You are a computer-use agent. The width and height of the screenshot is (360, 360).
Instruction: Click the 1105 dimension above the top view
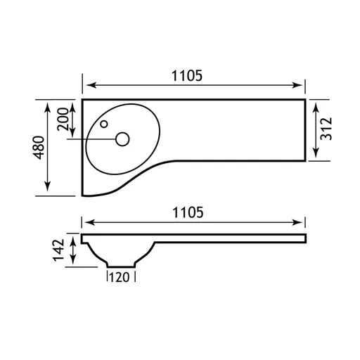point(187,76)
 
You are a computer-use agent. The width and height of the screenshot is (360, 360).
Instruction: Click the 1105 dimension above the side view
point(188,212)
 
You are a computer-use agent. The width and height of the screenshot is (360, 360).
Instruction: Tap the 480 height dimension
point(39,148)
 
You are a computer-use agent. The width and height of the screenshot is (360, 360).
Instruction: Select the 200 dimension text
point(63,119)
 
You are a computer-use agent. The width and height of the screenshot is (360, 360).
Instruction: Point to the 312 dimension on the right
point(326,129)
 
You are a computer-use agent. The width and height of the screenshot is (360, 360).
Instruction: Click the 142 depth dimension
point(58,250)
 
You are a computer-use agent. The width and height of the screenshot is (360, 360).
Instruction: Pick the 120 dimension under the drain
point(120,277)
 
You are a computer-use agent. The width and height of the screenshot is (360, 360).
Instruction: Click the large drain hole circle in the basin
point(122,139)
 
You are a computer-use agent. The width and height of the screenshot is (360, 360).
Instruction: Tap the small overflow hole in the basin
point(104,124)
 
